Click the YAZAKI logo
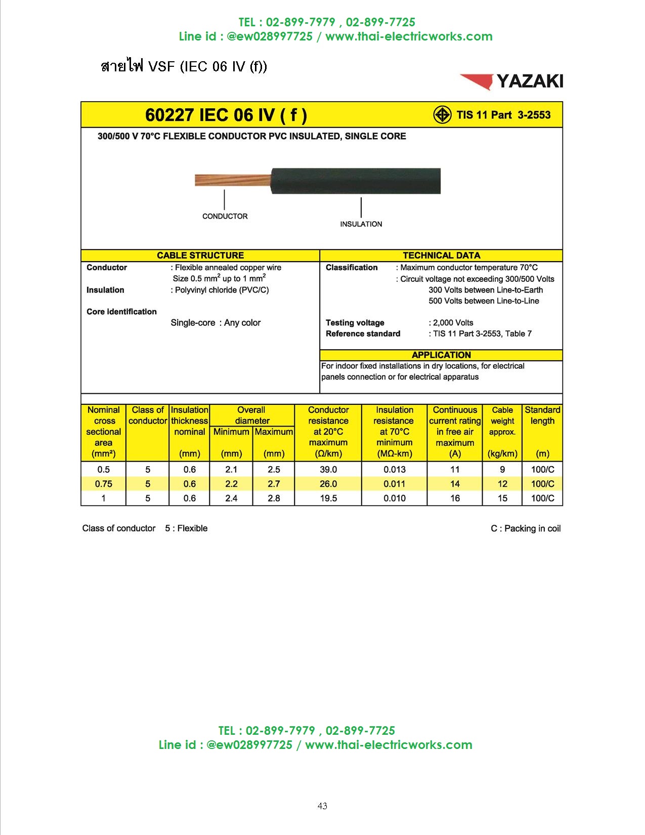pos(511,81)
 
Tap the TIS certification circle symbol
pos(442,115)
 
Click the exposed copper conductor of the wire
pos(232,180)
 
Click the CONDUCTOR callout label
pos(225,216)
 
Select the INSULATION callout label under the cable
pos(361,224)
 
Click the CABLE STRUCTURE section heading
pos(200,256)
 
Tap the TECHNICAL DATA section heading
pos(441,256)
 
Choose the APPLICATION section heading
pos(441,355)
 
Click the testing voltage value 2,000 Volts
pos(453,322)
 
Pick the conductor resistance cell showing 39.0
pos(328,470)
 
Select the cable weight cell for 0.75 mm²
pos(502,484)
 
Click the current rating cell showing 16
pos(455,498)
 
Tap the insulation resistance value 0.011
pos(394,484)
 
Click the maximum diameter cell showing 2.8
pos(274,498)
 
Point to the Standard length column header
pos(542,415)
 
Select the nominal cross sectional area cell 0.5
pos(103,470)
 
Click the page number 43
pos(322,806)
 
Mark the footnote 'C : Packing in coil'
pos(526,528)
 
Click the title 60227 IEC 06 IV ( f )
pos(226,115)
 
